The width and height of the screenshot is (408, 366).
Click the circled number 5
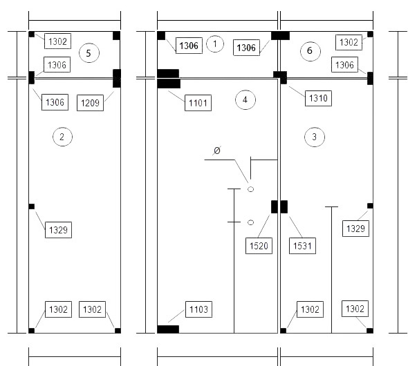tap(89, 53)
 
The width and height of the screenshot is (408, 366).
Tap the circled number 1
tap(215, 44)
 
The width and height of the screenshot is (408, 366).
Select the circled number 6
tap(310, 51)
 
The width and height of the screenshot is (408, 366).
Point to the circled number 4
tap(245, 99)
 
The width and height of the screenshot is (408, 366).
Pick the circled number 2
tap(62, 137)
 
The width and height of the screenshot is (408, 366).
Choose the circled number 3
tap(315, 137)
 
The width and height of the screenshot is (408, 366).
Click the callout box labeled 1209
tap(91, 103)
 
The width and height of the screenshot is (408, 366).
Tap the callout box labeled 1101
tap(198, 103)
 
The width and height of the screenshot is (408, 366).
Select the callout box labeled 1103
tap(198, 309)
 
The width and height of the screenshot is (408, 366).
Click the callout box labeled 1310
tap(318, 98)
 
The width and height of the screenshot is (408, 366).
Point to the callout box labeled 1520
tap(259, 246)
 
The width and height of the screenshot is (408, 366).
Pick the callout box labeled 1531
tap(302, 246)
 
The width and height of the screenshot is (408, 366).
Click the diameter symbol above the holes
tap(216, 151)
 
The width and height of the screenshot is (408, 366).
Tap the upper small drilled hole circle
tap(250, 189)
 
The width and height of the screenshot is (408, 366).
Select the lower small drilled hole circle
tap(250, 222)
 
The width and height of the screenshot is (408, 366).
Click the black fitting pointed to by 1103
tap(168, 329)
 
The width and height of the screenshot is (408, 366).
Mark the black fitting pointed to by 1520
tap(275, 206)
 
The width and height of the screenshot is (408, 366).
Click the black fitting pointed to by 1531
tap(284, 206)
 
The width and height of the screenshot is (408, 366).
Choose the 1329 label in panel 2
tap(58, 230)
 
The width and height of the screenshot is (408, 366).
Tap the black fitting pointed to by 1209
tap(117, 79)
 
